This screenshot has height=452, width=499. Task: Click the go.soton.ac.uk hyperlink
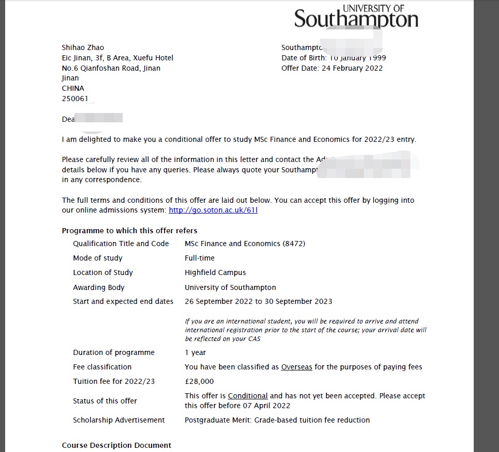click(x=213, y=210)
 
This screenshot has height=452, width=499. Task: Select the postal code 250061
click(x=75, y=98)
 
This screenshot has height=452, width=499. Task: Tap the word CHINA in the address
click(x=73, y=88)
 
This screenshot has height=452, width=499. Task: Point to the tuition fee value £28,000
click(x=199, y=381)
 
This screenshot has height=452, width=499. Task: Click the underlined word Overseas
click(x=296, y=367)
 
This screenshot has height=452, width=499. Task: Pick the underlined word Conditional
click(x=247, y=396)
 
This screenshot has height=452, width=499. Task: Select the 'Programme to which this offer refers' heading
click(x=129, y=231)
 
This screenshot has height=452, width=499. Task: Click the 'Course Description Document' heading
click(x=117, y=445)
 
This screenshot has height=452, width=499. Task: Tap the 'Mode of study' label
click(x=97, y=258)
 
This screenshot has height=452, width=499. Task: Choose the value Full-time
click(x=199, y=258)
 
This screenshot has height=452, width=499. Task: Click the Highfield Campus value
click(x=215, y=272)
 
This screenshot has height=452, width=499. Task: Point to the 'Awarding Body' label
click(x=98, y=287)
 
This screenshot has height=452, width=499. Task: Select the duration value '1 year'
click(x=195, y=352)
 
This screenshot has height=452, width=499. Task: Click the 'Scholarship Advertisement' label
click(x=119, y=420)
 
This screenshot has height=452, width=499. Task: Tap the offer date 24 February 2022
click(x=352, y=68)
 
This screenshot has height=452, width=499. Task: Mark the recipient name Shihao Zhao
click(x=82, y=47)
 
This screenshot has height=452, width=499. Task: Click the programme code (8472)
click(x=294, y=244)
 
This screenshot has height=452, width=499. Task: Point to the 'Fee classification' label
click(x=102, y=367)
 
